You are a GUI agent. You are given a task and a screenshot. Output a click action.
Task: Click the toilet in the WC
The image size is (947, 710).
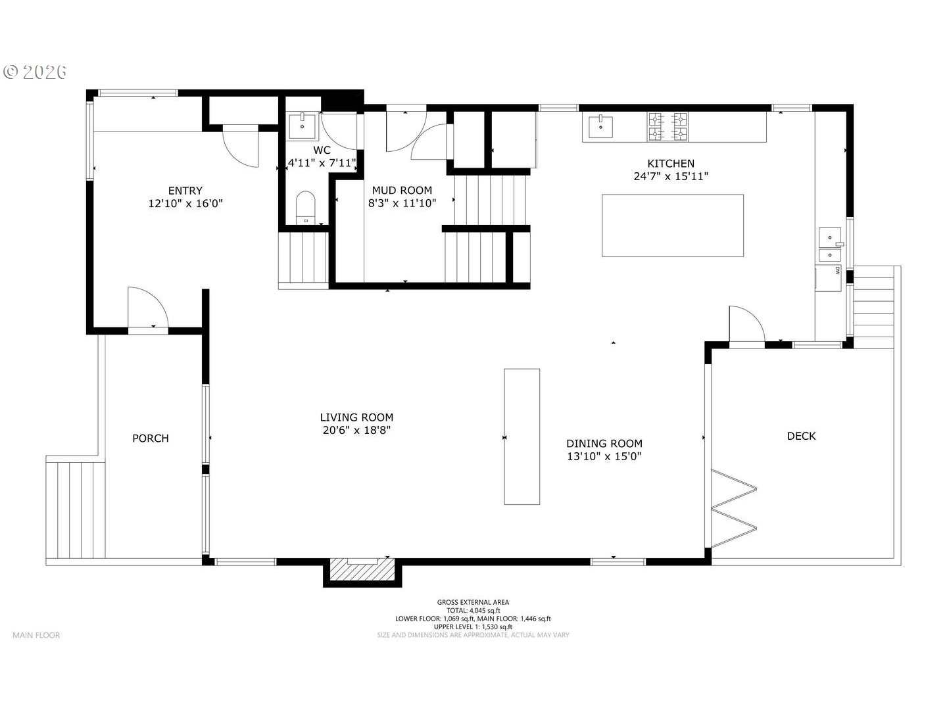click(x=305, y=207)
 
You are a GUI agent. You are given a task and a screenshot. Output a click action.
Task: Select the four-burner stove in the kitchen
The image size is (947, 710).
click(x=667, y=127)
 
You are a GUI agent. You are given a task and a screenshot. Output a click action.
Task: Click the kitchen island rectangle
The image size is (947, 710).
click(x=673, y=225)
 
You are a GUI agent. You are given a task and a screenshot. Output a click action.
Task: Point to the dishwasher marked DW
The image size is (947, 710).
click(x=828, y=278)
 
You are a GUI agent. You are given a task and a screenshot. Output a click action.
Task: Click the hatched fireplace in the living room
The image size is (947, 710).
click(x=362, y=570)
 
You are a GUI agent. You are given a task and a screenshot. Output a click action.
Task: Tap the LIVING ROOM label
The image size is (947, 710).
click(x=356, y=417)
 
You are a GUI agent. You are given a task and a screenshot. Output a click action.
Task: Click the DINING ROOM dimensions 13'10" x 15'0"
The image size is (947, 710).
click(x=604, y=456)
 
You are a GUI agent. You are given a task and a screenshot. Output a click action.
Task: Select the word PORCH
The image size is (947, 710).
click(x=150, y=438)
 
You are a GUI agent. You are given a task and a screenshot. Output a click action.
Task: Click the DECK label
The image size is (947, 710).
click(x=801, y=437)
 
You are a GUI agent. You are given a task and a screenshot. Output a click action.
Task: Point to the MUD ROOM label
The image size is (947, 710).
click(x=402, y=191)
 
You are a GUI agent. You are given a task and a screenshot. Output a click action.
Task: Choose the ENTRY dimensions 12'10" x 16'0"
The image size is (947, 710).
click(x=185, y=204)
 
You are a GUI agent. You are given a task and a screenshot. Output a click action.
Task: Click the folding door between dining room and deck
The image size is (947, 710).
click(x=733, y=509)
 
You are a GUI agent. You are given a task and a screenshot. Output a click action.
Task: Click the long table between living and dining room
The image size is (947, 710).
click(x=522, y=437)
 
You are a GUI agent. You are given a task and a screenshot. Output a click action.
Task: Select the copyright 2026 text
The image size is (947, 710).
click(x=35, y=72)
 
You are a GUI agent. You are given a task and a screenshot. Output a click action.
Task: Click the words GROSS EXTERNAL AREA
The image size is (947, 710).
click(x=473, y=602)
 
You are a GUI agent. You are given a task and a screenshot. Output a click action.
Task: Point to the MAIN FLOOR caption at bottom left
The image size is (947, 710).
click(x=36, y=635)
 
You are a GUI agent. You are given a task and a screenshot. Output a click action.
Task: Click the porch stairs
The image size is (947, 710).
click(x=76, y=510)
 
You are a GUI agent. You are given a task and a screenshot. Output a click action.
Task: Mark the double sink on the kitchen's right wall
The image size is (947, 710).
click(x=830, y=245)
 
